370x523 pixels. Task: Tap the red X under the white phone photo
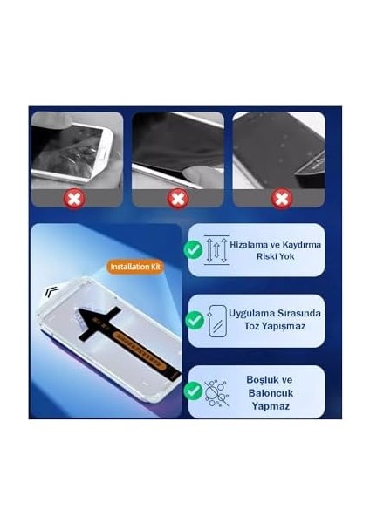pyautogui.click(x=76, y=199)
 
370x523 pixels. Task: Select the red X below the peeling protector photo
pyautogui.click(x=178, y=199)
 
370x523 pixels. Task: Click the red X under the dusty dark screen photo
pyautogui.click(x=281, y=199)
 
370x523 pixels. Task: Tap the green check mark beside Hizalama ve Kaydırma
pyautogui.click(x=193, y=249)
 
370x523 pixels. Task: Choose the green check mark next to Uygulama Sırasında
pyautogui.click(x=195, y=320)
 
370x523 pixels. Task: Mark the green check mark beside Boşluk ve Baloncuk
pyautogui.click(x=194, y=391)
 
